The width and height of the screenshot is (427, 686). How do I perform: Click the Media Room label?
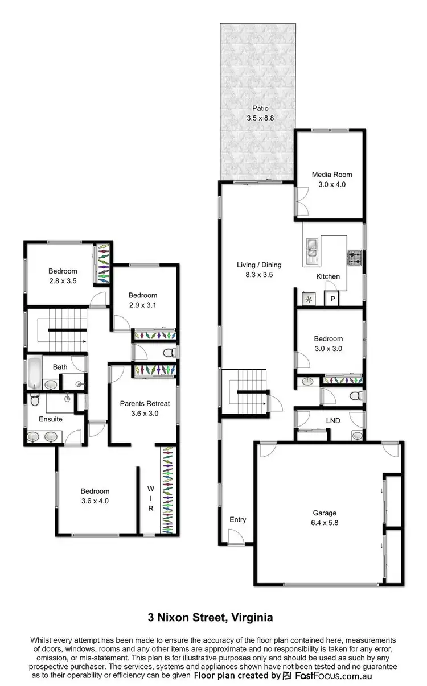coord(329,175)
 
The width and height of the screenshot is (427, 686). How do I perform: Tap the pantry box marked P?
coord(331,299)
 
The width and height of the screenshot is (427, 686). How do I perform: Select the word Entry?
coord(238,519)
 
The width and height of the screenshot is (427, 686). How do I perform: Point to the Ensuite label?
coord(51,419)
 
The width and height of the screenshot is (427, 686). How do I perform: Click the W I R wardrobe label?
coord(151,498)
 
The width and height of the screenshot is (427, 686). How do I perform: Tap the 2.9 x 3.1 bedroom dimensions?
coord(142,305)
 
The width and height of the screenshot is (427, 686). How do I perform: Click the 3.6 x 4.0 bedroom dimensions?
coord(95,501)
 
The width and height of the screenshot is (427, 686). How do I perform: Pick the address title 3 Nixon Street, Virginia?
coord(213,617)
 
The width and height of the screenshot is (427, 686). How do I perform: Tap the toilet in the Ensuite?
coord(35,402)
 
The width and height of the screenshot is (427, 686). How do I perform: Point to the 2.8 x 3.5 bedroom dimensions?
coord(62,280)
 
